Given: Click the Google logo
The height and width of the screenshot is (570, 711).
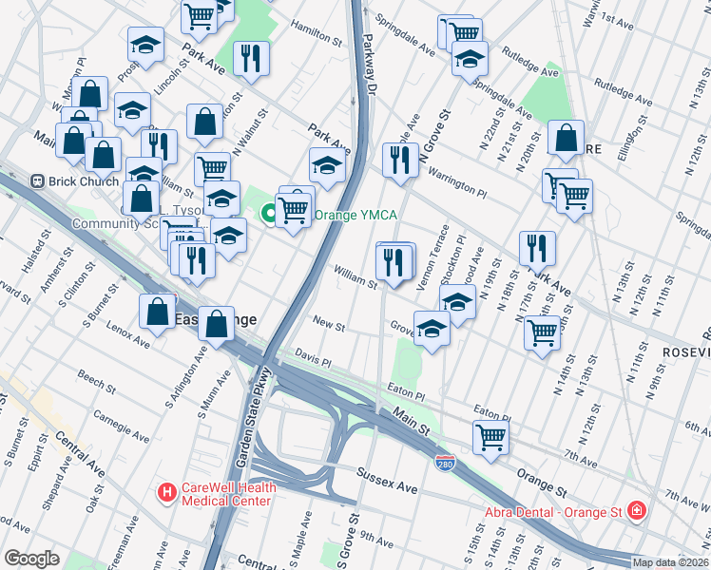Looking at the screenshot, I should pos(31,558).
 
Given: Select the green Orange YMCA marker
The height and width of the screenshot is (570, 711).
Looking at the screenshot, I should pos(270,214).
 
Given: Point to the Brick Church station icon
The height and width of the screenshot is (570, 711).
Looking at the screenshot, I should pos(39,180).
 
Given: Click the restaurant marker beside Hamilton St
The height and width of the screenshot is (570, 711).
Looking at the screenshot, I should pos(251,59).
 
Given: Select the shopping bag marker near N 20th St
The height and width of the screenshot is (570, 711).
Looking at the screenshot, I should pos(566,138).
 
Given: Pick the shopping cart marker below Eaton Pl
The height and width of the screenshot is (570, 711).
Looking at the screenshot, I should pos(490,437).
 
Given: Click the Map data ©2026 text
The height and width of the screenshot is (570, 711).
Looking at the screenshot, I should pos(670,562).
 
